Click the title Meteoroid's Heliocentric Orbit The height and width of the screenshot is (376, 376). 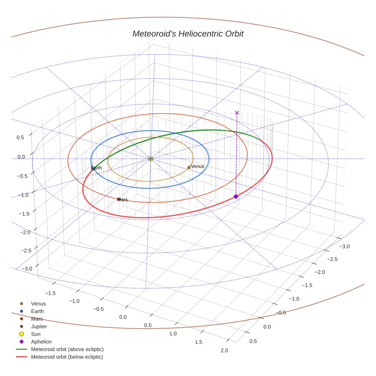coord(188,34)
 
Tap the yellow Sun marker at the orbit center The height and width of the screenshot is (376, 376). coord(151,159)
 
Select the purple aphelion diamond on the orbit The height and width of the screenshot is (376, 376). coord(236,196)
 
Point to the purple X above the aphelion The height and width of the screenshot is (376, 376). coord(237,112)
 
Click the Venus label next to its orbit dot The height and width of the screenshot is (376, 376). coord(198,167)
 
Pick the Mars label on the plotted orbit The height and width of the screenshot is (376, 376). coord(123,200)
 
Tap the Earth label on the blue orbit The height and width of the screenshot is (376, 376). coord(97,168)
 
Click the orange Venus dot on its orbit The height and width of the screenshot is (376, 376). coord(189,167)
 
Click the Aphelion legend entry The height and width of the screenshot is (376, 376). coord(41,342)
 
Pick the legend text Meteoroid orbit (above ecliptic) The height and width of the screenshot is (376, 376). coord(67,349)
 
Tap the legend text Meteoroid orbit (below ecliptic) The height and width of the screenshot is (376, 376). coord(67,357)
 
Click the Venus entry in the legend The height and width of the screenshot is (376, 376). coord(38,304)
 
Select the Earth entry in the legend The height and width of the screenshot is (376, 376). coord(37,311)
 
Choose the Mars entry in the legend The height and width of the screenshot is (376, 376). coord(37,319)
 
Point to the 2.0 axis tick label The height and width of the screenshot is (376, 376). coord(224,351)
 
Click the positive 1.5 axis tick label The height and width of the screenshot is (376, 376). coord(198,342)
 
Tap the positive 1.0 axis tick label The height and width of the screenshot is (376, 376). coord(173,334)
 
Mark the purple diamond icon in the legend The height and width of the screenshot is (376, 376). coord(22,342)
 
